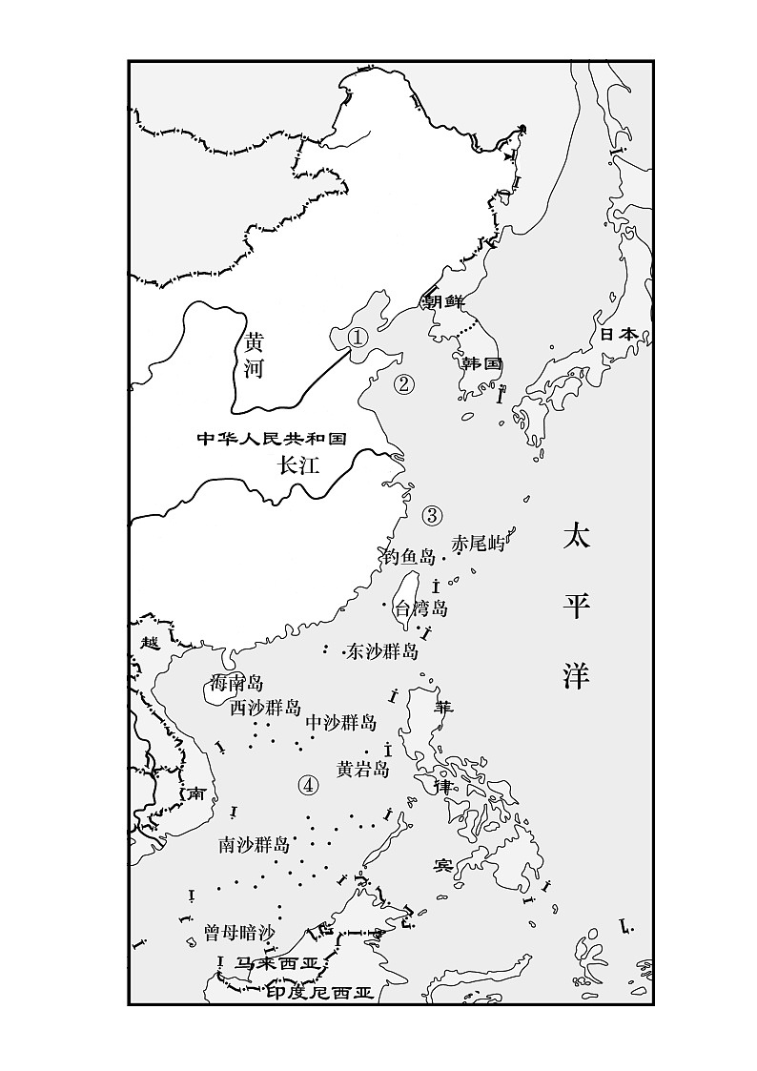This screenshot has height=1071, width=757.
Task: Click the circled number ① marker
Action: pos(357,337)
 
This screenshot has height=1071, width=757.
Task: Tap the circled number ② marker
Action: pos(404,384)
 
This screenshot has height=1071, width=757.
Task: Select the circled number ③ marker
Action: pos(432,516)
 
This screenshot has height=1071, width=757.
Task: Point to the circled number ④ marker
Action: pos(307,785)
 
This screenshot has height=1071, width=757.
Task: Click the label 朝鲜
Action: pos(443,301)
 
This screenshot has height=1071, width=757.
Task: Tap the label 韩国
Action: pos(481,364)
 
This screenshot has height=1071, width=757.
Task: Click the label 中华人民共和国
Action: pos(270,439)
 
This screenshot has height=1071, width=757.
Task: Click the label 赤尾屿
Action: pos(478,544)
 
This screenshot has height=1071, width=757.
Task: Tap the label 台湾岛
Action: pos(420,608)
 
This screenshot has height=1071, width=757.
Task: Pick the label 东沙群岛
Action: pos(382,651)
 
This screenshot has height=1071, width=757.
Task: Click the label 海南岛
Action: pos(236,683)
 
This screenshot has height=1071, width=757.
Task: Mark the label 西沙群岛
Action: pos(265,708)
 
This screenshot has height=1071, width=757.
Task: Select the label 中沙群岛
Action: pos(340,723)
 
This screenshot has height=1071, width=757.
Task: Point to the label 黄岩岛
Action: pos(363,769)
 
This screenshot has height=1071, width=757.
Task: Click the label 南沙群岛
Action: pos(254,844)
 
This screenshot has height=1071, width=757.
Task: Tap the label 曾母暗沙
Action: pos(239,932)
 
